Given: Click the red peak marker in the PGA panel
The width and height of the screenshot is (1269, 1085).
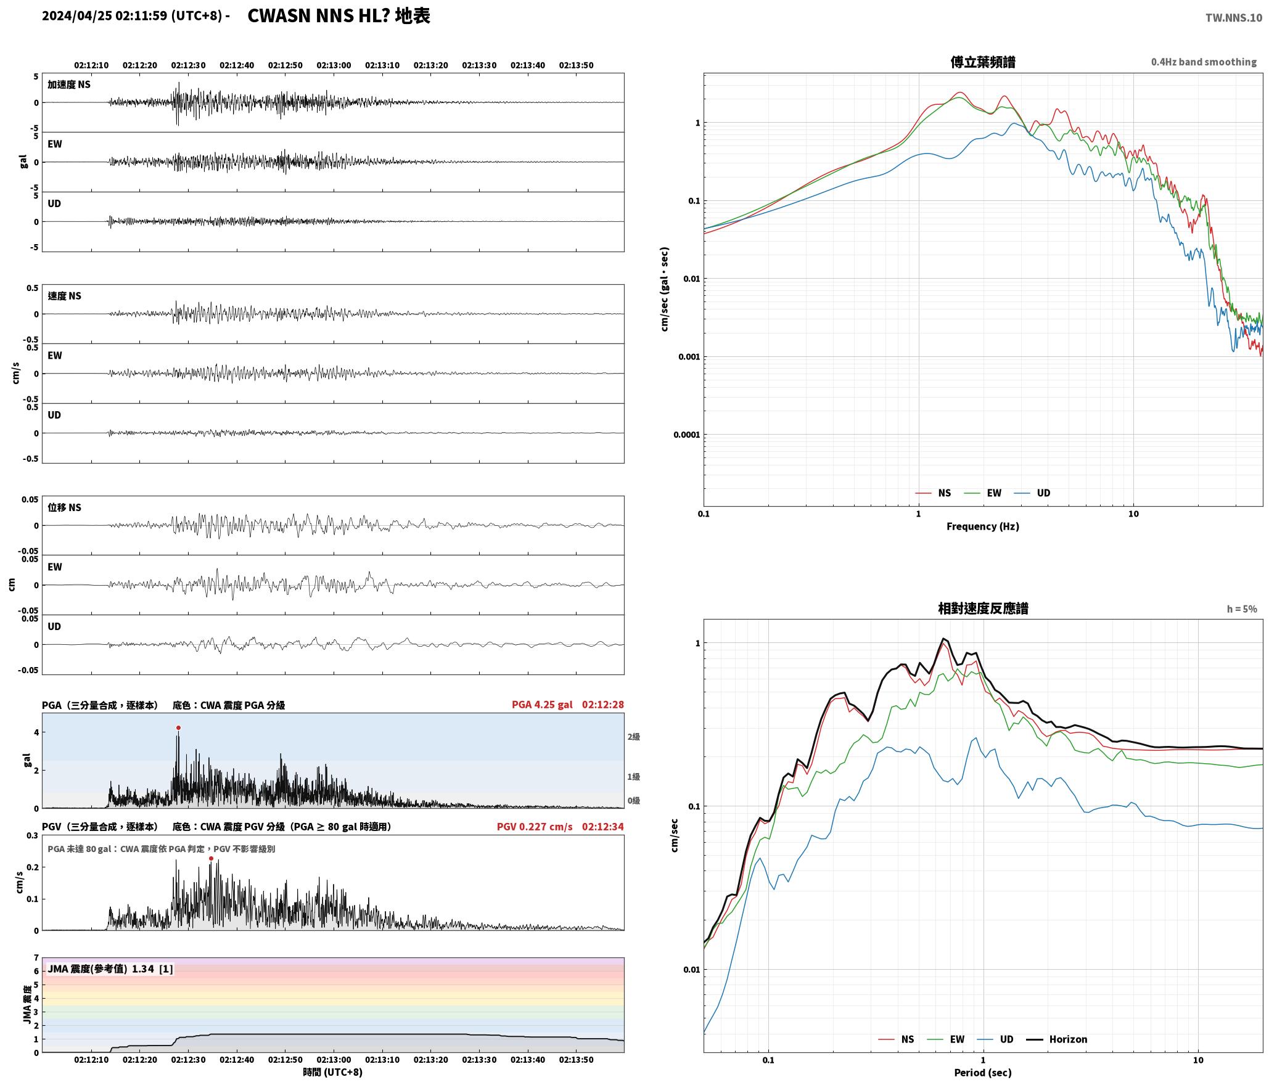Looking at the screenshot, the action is click(178, 728).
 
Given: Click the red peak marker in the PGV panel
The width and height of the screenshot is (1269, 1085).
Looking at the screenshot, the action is click(211, 858).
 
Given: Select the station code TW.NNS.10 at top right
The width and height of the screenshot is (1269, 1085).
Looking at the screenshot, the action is click(1234, 18).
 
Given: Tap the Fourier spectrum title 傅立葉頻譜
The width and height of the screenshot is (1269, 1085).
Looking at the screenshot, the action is click(983, 62).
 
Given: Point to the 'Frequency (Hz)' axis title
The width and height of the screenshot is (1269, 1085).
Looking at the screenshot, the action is click(983, 526).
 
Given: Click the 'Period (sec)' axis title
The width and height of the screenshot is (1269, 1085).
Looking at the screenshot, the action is click(983, 1073).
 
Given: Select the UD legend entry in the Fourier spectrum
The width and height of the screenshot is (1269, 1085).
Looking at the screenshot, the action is click(1032, 493).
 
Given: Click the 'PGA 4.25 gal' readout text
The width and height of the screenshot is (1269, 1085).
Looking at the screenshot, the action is click(542, 705).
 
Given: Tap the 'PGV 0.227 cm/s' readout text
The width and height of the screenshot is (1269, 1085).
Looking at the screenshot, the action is click(535, 827).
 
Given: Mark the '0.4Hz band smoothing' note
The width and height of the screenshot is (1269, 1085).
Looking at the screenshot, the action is click(1204, 62).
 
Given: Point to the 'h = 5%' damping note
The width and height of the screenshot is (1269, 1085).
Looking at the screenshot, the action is click(1242, 609).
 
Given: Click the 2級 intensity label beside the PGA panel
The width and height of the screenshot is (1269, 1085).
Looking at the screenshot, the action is click(634, 737).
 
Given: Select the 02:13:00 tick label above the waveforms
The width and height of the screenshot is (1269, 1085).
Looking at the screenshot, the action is click(334, 65).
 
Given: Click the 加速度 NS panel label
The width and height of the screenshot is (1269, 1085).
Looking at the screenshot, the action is click(69, 84).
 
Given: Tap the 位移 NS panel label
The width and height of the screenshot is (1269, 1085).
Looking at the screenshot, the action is click(65, 507).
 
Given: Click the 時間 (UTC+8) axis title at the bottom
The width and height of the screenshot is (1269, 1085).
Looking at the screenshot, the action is click(333, 1072).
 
